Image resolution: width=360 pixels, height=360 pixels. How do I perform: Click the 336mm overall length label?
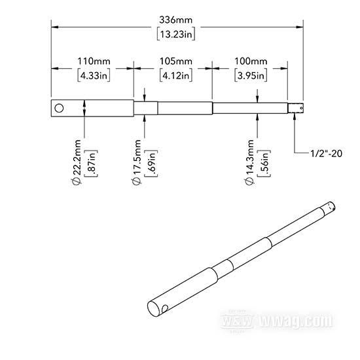pos(176,20)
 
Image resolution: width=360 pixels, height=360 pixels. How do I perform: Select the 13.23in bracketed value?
pos(176,35)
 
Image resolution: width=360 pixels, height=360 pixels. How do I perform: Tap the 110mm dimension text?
pos(94,62)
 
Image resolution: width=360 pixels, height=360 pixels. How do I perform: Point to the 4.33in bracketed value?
pos(94,75)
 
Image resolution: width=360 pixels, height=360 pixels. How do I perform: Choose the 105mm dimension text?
pos(176,62)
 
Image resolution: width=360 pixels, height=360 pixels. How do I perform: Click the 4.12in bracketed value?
pos(176,75)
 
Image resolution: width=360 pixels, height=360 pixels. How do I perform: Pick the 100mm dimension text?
pos(251,62)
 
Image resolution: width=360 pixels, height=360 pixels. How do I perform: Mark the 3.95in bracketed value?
pos(251,75)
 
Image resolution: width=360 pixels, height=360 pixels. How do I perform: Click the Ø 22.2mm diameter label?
pos(77,162)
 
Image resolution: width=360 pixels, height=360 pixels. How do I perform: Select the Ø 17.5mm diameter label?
pos(137,162)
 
